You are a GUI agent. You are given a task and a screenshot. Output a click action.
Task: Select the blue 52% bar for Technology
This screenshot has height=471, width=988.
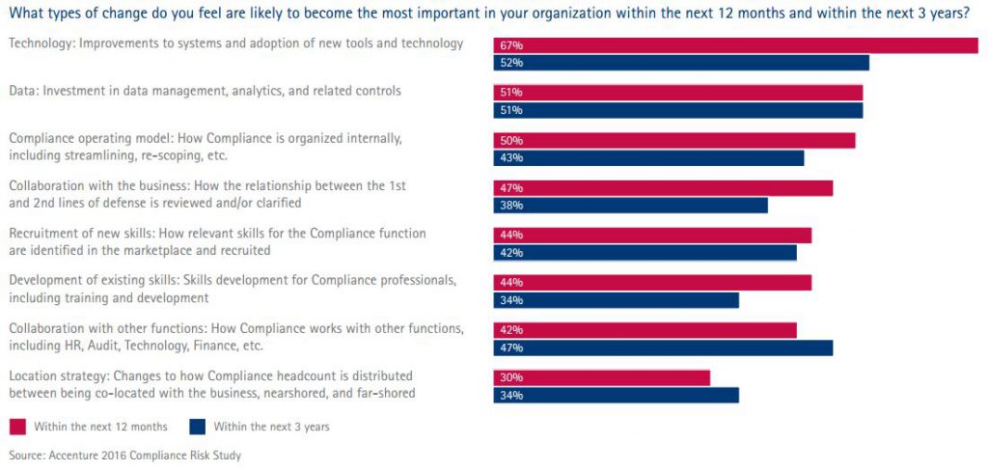tap(681, 63)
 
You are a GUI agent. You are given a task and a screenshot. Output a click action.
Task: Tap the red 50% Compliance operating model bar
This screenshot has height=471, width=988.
tap(674, 140)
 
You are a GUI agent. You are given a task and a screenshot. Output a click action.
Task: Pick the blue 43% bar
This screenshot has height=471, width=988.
tap(648, 158)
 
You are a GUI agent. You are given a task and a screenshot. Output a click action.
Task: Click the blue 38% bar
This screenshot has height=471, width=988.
tap(630, 206)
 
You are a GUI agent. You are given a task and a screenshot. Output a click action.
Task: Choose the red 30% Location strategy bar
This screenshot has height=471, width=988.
tap(602, 377)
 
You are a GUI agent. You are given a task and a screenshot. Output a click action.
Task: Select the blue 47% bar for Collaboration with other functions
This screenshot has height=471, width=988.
tap(663, 347)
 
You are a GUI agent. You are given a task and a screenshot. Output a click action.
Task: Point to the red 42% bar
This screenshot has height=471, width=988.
tap(645, 330)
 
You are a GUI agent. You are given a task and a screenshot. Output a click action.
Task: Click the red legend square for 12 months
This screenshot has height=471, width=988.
tap(17, 426)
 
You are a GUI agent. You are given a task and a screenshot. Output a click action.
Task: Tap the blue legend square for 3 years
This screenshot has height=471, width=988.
tap(198, 426)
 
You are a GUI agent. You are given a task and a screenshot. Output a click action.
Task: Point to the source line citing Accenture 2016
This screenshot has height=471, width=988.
tap(124, 456)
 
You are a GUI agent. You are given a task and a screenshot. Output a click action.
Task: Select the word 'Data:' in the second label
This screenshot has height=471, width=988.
tap(22, 91)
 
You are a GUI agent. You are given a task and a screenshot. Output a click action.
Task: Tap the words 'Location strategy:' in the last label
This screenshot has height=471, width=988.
tap(55, 375)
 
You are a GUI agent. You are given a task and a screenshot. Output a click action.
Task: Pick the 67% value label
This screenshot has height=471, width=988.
tap(510, 45)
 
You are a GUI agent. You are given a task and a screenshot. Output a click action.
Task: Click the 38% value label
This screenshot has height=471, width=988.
tap(510, 206)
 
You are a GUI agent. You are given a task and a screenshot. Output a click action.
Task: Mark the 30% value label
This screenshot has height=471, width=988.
tap(510, 377)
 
